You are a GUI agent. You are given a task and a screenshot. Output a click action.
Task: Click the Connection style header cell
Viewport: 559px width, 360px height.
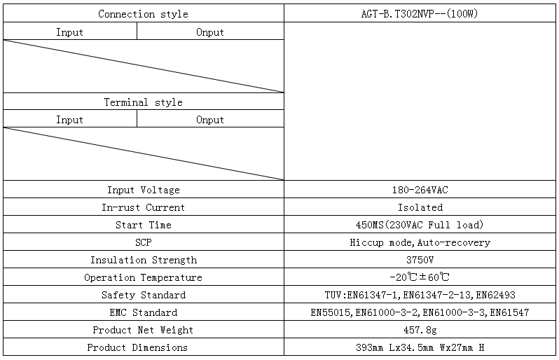coord(143,14)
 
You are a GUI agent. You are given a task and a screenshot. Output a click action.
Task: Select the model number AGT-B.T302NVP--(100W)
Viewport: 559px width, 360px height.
coord(419,13)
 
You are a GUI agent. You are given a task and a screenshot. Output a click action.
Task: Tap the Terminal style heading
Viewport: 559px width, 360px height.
coord(143,102)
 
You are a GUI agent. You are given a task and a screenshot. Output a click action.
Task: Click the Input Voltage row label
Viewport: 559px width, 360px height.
coord(144,190)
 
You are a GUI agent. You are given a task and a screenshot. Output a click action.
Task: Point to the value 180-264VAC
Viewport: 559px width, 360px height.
coord(420,190)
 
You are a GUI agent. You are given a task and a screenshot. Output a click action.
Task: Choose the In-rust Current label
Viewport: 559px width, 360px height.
coord(144,207)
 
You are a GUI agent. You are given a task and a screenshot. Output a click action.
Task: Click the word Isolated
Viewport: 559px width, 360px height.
coord(420,207)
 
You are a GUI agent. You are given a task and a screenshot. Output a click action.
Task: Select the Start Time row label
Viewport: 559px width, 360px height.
coord(144,225)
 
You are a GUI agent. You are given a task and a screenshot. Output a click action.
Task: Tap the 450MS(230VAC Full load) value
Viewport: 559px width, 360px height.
coord(420,225)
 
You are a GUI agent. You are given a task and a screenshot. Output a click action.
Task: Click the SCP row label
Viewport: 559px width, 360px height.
coord(144,242)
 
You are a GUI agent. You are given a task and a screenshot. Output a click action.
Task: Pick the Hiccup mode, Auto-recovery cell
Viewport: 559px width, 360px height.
coord(420,242)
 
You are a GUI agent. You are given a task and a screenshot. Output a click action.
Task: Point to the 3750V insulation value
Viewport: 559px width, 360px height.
coord(420,260)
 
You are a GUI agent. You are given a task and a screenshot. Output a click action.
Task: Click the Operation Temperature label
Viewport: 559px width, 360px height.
coord(143,277)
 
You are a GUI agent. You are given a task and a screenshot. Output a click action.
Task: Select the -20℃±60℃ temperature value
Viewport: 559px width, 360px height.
coord(420,277)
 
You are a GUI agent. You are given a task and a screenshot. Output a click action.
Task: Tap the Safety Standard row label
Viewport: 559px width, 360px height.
coord(144,295)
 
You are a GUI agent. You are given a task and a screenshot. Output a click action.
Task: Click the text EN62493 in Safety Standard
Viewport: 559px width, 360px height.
coord(495,295)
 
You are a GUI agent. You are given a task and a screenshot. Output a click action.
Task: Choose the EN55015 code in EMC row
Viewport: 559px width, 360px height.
coord(330,312)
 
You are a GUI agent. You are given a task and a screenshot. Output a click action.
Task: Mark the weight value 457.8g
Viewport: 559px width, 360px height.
coord(420,330)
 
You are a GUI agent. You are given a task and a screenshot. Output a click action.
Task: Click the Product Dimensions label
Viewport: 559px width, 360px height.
coord(137,347)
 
